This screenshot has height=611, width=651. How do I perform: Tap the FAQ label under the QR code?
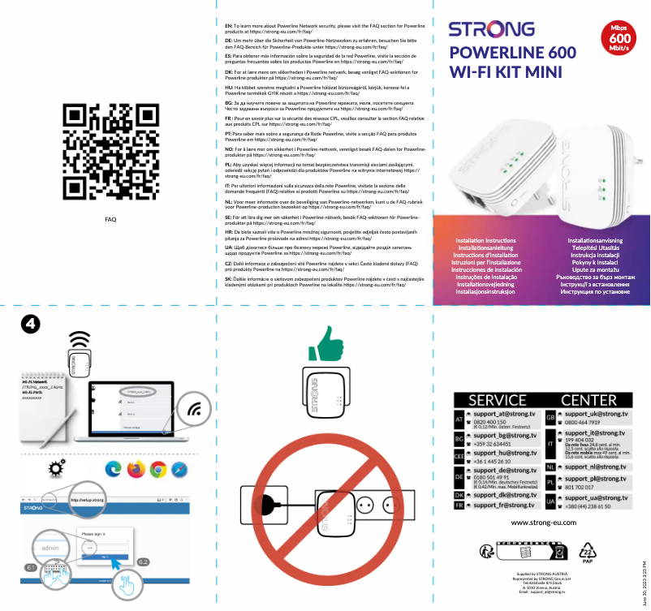point(110,219)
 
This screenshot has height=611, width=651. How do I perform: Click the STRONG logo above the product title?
point(486,31)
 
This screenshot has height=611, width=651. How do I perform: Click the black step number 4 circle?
point(30,324)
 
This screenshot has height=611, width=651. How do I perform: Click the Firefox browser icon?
point(136,468)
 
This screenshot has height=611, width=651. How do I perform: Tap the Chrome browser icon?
point(158,468)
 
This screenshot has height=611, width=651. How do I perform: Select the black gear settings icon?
point(57,467)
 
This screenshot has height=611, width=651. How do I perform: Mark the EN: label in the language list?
point(228,26)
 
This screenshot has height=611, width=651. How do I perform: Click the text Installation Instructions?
point(485,242)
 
